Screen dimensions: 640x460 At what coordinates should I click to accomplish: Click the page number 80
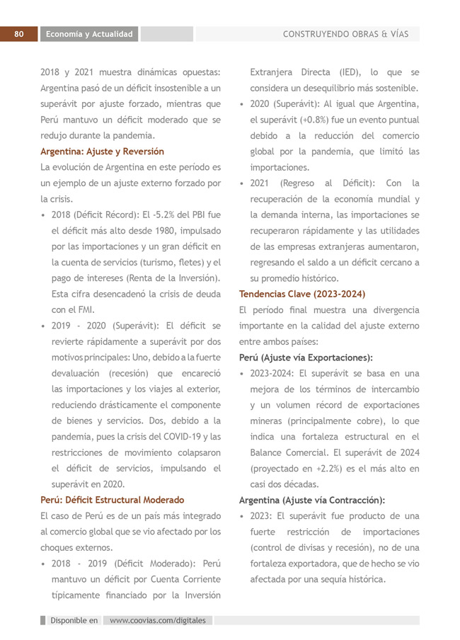pos(19,34)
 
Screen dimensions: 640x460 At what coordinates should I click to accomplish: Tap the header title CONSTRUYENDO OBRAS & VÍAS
pos(345,34)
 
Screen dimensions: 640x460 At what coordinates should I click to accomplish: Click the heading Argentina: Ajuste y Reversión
pos(102,152)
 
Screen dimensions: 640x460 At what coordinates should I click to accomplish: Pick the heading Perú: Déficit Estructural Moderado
pos(112,500)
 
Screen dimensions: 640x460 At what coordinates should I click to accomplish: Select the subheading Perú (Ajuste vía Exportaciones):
pos(306,358)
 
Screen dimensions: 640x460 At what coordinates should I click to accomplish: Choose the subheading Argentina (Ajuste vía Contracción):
pos(312,500)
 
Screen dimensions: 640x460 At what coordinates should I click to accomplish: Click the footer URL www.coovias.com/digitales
pos(158,620)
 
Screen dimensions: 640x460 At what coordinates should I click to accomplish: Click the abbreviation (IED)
pos(348,72)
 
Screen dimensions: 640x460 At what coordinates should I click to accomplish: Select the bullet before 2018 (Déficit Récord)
pos(44,215)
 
